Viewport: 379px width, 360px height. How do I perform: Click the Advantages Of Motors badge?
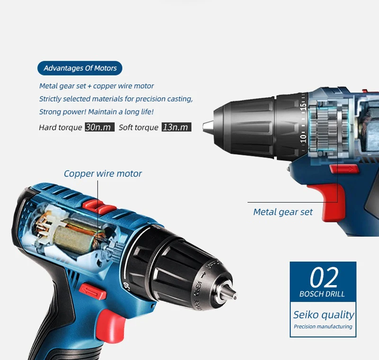point(80,68)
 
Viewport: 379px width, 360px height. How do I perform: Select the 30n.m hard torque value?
point(99,127)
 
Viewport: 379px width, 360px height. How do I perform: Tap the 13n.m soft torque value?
point(176,127)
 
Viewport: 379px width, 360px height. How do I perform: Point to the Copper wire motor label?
point(103,174)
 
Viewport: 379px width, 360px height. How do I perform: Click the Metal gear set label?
point(283,212)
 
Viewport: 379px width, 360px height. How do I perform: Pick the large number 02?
point(324,277)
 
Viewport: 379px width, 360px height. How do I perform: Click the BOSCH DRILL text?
point(322,294)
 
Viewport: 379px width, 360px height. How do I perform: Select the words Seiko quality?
point(324,315)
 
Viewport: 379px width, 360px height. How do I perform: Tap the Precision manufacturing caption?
point(323,327)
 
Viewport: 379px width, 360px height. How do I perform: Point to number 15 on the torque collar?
point(303,106)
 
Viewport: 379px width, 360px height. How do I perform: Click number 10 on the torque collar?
point(303,138)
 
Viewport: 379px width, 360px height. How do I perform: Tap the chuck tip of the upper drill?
point(206,127)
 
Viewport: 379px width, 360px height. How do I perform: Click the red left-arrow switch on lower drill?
point(92,291)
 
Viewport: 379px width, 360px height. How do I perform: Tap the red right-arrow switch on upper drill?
point(344,169)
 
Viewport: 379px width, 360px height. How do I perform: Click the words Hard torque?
point(61,128)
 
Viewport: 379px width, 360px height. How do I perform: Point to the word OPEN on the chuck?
point(198,288)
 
